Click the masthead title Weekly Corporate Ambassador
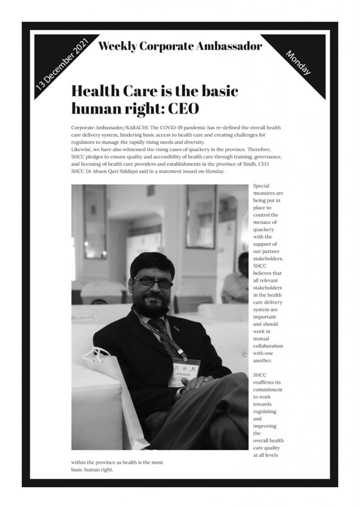click(x=180, y=47)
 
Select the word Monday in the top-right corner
click(x=299, y=63)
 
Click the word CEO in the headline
click(x=183, y=107)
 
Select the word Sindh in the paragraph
click(x=255, y=165)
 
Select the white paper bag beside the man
click(x=107, y=388)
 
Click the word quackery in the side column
click(x=264, y=230)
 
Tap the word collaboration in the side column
click(x=268, y=345)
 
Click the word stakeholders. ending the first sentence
click(x=269, y=259)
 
